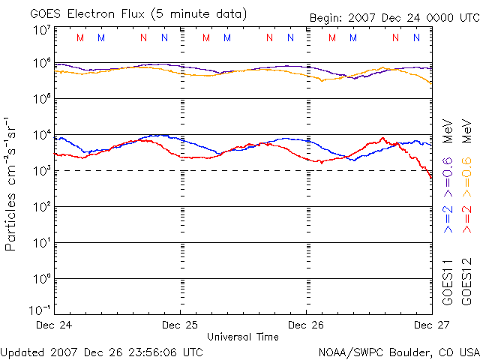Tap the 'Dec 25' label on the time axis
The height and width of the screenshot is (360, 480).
pyautogui.click(x=180, y=325)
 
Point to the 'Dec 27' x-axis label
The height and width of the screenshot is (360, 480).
pyautogui.click(x=431, y=325)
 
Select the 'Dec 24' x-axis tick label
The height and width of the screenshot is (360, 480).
pyautogui.click(x=54, y=325)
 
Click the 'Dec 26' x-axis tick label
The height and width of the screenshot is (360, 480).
pyautogui.click(x=306, y=325)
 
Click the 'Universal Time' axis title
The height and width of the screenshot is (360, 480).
pyautogui.click(x=242, y=337)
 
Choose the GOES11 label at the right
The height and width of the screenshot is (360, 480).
pyautogui.click(x=448, y=282)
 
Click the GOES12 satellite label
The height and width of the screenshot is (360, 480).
pyautogui.click(x=466, y=282)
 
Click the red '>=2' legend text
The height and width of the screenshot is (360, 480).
pyautogui.click(x=466, y=217)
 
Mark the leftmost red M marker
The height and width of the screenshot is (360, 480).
pyautogui.click(x=81, y=37)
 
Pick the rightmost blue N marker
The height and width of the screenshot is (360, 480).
pyautogui.click(x=416, y=37)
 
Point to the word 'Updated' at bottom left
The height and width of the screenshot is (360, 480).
pyautogui.click(x=22, y=351)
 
